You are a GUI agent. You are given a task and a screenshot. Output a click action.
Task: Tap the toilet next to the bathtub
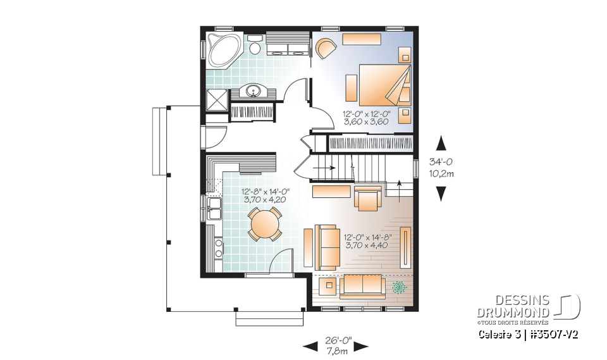[255, 46]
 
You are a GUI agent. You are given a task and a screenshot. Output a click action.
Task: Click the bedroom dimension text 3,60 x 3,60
[367, 122]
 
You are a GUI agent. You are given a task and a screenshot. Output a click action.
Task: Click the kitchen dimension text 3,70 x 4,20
[264, 199]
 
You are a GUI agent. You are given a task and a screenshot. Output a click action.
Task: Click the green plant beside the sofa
[398, 288]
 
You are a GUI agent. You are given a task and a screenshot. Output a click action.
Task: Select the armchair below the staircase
[367, 197]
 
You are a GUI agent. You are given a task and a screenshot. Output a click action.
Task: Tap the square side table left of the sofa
[328, 287]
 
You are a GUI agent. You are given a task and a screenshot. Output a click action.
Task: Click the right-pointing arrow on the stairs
[327, 168]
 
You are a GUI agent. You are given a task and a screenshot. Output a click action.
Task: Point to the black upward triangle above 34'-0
[441, 144]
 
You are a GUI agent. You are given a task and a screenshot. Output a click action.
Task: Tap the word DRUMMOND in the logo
[512, 313]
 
